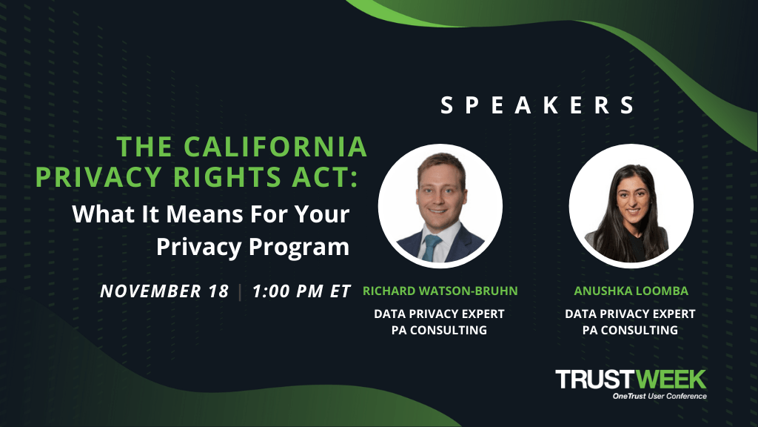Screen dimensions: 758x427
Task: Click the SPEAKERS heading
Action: [537, 105]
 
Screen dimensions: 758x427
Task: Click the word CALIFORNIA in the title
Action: [275, 147]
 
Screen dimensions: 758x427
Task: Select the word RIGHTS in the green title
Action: [227, 176]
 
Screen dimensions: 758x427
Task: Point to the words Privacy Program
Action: [253, 246]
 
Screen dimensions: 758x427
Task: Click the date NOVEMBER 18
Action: [164, 291]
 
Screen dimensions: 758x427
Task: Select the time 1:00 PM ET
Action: [302, 291]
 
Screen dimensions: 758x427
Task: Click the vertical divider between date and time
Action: [241, 291]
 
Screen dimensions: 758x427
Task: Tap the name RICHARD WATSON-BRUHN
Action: [440, 291]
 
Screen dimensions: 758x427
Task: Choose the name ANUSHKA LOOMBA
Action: [631, 291]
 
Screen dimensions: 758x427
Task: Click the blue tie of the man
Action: [430, 247]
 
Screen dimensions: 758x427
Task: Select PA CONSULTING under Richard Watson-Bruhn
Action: [439, 330]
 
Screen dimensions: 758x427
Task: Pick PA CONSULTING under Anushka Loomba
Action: [630, 330]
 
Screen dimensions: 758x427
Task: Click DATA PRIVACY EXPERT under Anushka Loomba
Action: [630, 314]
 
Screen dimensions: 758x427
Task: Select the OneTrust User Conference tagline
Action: [660, 396]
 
